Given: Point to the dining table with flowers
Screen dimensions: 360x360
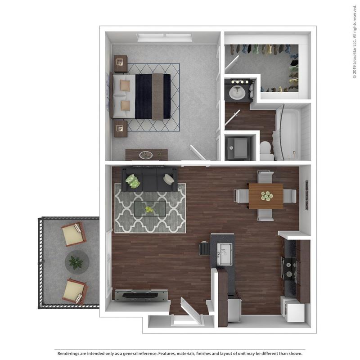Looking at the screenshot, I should [265, 196].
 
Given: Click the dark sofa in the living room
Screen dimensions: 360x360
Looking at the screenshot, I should [149, 179].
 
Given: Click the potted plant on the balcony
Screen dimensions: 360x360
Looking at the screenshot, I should [75, 261].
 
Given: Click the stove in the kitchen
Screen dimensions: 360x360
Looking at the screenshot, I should [288, 268].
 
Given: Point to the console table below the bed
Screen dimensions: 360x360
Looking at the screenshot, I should [146, 155].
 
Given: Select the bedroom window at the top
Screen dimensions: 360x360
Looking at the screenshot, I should [164, 37].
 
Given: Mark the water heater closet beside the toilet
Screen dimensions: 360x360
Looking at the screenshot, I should [237, 146].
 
